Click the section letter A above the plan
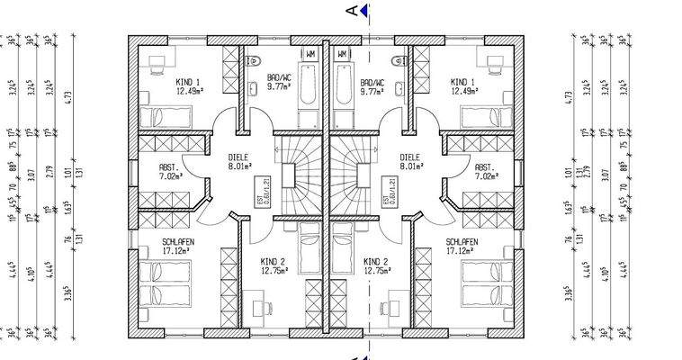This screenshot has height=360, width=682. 352,11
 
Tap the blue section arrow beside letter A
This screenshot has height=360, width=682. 364,11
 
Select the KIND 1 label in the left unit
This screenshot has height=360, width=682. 188,81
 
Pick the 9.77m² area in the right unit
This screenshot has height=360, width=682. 372,90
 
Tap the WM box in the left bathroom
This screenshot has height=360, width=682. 310,56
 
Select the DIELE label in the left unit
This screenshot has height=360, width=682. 238,157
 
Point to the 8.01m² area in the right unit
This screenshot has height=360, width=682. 413,166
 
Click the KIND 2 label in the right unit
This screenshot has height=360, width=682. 375,262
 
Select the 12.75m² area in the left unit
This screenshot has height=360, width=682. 273,271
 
